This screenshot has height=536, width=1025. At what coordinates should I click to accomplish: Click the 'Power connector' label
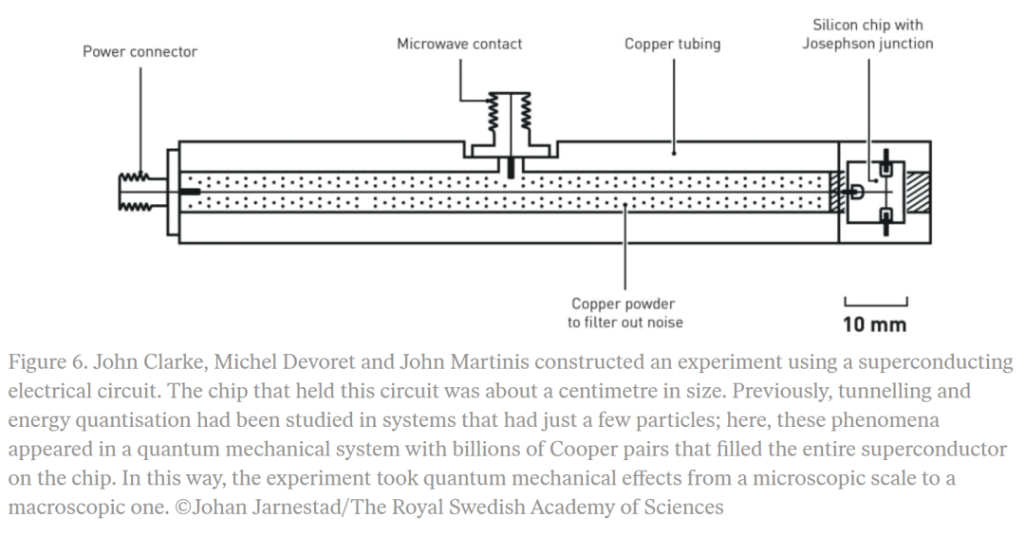tap(140, 51)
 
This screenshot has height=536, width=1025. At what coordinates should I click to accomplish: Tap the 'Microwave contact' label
tap(459, 44)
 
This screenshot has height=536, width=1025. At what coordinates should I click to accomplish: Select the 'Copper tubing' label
tap(672, 44)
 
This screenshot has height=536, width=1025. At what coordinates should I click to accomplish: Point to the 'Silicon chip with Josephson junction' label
tap(867, 34)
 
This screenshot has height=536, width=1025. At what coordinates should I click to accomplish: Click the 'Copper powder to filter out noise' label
tap(624, 312)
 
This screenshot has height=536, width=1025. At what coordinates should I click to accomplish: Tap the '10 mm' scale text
tap(874, 325)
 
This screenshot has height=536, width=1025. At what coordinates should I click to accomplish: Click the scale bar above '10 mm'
tap(875, 303)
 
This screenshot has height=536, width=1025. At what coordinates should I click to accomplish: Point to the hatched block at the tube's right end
tap(918, 192)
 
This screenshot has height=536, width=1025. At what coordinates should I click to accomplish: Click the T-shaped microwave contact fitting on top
tap(510, 142)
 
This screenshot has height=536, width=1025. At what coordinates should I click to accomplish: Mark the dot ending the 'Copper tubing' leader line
tap(673, 149)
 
